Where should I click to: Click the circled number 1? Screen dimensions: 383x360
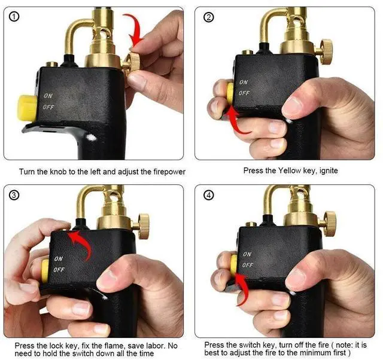(x=14, y=17)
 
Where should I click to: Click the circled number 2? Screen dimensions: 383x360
(x=208, y=17)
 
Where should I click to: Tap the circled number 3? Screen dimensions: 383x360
(x=14, y=195)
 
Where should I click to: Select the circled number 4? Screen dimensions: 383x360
(x=208, y=196)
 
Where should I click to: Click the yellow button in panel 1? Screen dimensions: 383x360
(x=27, y=108)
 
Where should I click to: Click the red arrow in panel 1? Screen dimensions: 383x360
(x=134, y=29)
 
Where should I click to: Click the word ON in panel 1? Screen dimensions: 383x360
(x=48, y=96)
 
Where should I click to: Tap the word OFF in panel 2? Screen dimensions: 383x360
(x=244, y=93)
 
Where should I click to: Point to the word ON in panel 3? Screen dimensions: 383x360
(x=59, y=258)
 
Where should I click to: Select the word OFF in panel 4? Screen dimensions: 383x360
(x=248, y=265)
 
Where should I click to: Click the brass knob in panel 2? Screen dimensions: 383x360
(x=326, y=51)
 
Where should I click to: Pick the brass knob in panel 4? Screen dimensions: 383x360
(x=330, y=224)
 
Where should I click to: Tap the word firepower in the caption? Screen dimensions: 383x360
(x=169, y=172)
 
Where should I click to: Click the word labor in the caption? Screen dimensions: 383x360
(x=156, y=346)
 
